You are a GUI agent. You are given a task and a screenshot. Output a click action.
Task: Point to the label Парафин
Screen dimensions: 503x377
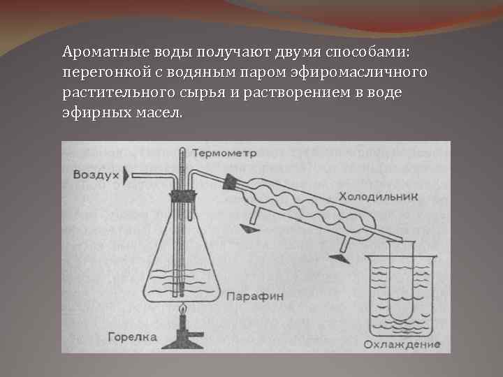(254, 296)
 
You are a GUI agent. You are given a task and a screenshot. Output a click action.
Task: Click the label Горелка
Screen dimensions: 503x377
(133, 338)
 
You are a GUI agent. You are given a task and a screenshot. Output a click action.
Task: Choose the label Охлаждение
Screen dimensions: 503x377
(401, 344)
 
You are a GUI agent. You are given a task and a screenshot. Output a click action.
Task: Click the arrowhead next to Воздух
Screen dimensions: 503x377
(126, 174)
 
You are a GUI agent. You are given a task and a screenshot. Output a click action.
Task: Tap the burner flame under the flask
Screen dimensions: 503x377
(183, 308)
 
